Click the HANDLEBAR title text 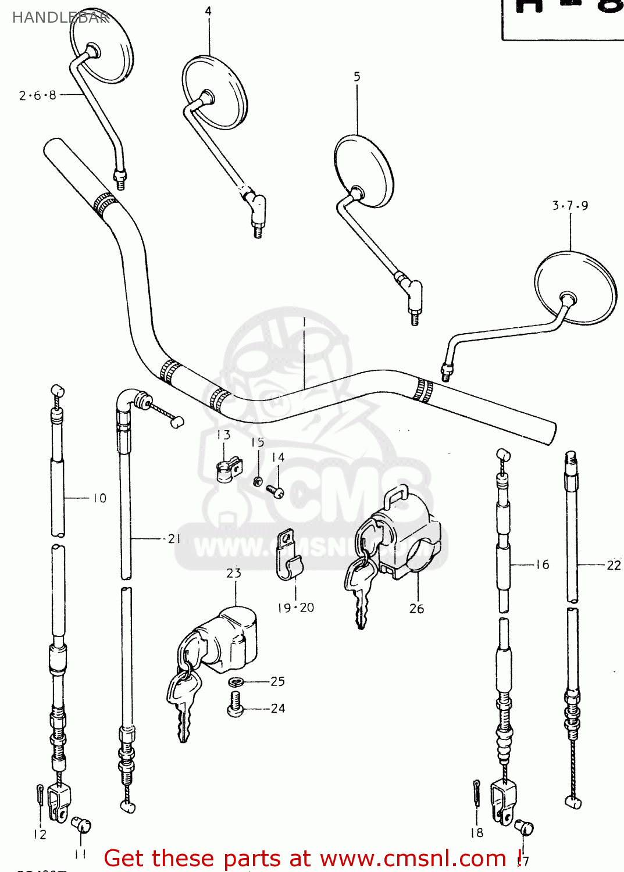click(60, 17)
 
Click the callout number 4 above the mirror click(208, 11)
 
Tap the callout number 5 click(357, 77)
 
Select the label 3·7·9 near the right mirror click(570, 205)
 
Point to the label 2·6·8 click(38, 95)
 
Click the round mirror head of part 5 click(364, 170)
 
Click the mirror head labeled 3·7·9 click(575, 287)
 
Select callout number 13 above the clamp click(223, 435)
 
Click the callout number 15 click(258, 442)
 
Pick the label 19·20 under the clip click(295, 607)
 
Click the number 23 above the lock click(234, 573)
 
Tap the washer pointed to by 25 click(236, 682)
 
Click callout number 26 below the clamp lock click(416, 609)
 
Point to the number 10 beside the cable click(100, 498)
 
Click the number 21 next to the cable click(174, 539)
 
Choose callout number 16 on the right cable click(542, 564)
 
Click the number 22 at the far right click(614, 565)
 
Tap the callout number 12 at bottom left click(40, 834)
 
